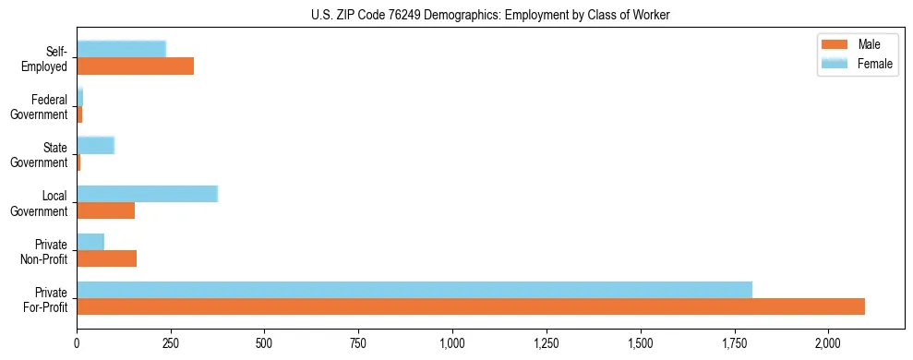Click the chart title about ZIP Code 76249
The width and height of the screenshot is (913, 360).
click(489, 14)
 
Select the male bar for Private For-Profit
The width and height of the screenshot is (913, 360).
click(471, 306)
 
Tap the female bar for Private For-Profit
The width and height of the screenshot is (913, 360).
click(414, 290)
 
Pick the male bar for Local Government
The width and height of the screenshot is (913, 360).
click(106, 210)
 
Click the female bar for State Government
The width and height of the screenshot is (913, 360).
click(96, 145)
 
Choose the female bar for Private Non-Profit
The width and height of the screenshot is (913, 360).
click(90, 242)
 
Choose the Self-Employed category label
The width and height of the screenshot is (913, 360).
click(46, 58)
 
